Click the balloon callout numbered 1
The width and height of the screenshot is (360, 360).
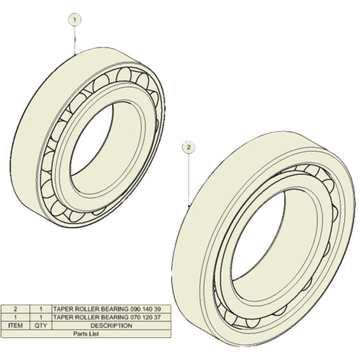(75, 20)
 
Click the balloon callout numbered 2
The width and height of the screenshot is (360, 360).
(189, 147)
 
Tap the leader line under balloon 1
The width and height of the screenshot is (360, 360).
(75, 41)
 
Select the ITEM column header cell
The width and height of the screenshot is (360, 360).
(15, 326)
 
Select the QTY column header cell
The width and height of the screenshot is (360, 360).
(41, 326)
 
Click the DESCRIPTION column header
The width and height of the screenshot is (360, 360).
(112, 326)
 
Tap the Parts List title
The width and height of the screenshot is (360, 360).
(86, 334)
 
